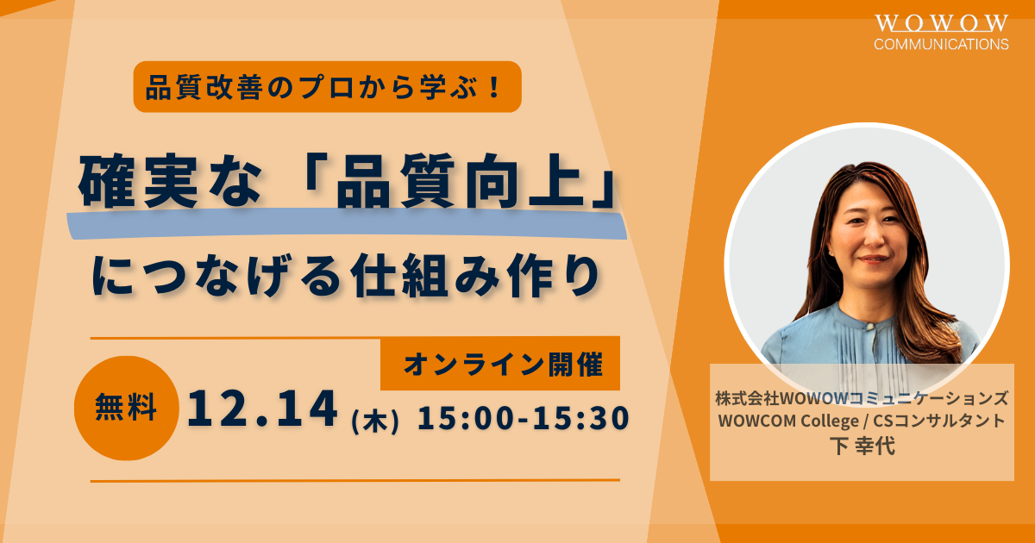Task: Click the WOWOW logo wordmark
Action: [941, 23]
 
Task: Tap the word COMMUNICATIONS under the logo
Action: [941, 44]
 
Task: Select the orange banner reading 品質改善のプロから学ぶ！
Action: [327, 87]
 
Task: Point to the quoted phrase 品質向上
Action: [457, 181]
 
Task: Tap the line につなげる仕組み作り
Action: [346, 276]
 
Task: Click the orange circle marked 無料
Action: [126, 409]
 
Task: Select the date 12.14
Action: [262, 409]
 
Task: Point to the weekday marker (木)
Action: [374, 421]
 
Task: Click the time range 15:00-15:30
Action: [524, 418]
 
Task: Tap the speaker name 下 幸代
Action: [862, 446]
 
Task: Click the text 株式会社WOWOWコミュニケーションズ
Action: [862, 398]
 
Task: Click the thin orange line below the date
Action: [354, 481]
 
